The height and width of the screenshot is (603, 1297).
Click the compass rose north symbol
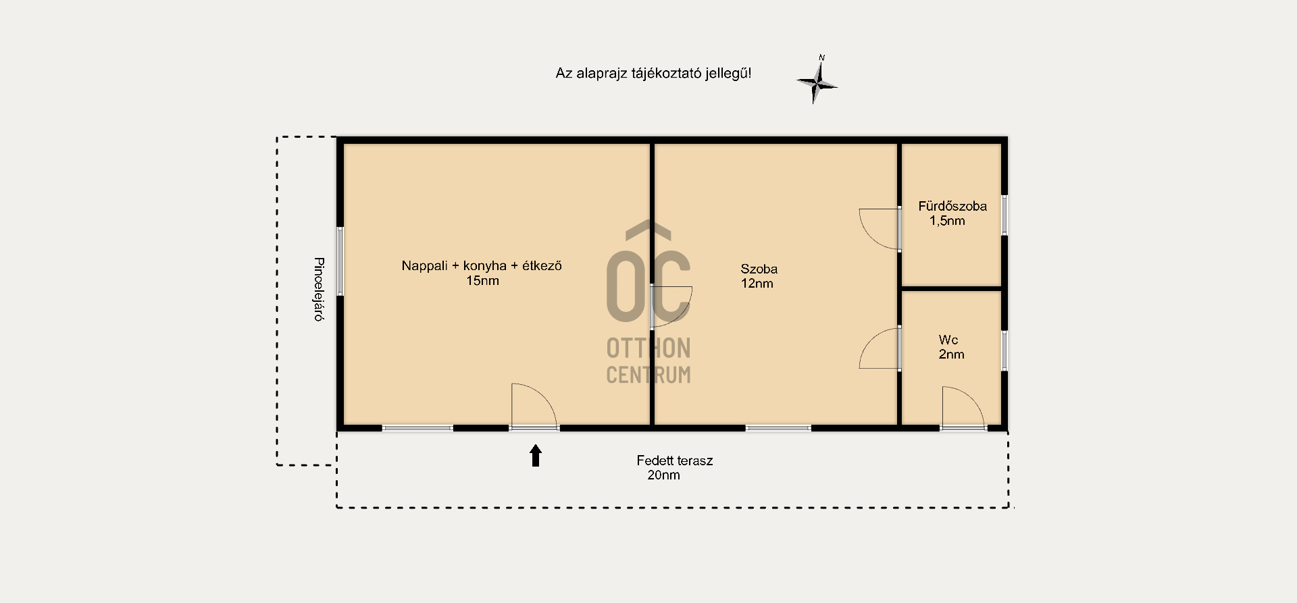coord(817,80)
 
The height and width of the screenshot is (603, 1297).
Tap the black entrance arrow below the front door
coord(536,456)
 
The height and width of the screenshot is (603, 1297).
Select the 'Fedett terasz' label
coord(674,461)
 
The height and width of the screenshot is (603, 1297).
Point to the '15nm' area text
coord(482,281)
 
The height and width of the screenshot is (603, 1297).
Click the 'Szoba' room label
coord(759,269)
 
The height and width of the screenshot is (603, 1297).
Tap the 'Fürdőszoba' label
coord(952,206)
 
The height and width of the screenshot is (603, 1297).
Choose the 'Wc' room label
coord(948,340)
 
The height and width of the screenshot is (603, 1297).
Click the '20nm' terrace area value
coord(663,475)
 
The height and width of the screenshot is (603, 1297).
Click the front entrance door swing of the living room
coord(534,405)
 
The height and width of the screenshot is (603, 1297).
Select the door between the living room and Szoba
coord(671,307)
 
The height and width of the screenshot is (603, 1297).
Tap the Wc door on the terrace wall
coord(963,407)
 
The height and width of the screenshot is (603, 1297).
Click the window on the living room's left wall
coord(340,261)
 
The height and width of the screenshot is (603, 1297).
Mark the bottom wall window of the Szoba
coord(778,428)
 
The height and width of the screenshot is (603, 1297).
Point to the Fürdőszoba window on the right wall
coord(1004,215)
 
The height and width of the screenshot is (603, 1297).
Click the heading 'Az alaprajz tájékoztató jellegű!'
coord(653,73)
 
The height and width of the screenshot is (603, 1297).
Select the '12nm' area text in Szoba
coord(757,284)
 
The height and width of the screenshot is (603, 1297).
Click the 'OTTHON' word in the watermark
coord(648,348)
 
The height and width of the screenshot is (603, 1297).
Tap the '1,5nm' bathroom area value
coord(947,221)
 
